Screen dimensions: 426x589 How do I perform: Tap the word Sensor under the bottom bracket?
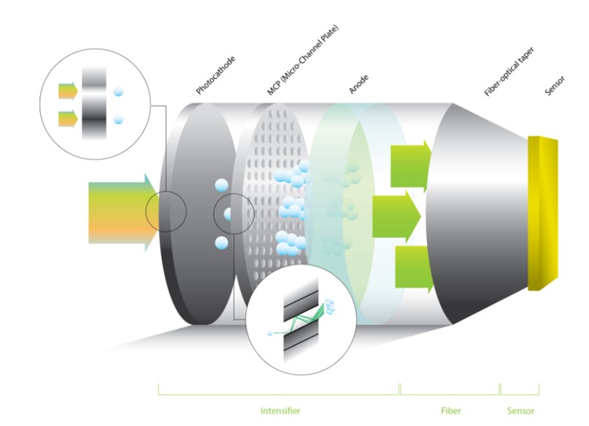click(x=520, y=410)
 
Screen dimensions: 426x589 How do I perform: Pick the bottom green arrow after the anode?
click(x=410, y=268)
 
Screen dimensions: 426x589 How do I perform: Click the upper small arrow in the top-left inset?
click(x=69, y=91)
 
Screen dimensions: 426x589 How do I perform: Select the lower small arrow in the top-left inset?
click(x=69, y=117)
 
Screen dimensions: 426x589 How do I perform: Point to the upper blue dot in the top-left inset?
click(x=119, y=91)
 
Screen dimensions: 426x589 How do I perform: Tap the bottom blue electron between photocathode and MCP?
click(x=221, y=242)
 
